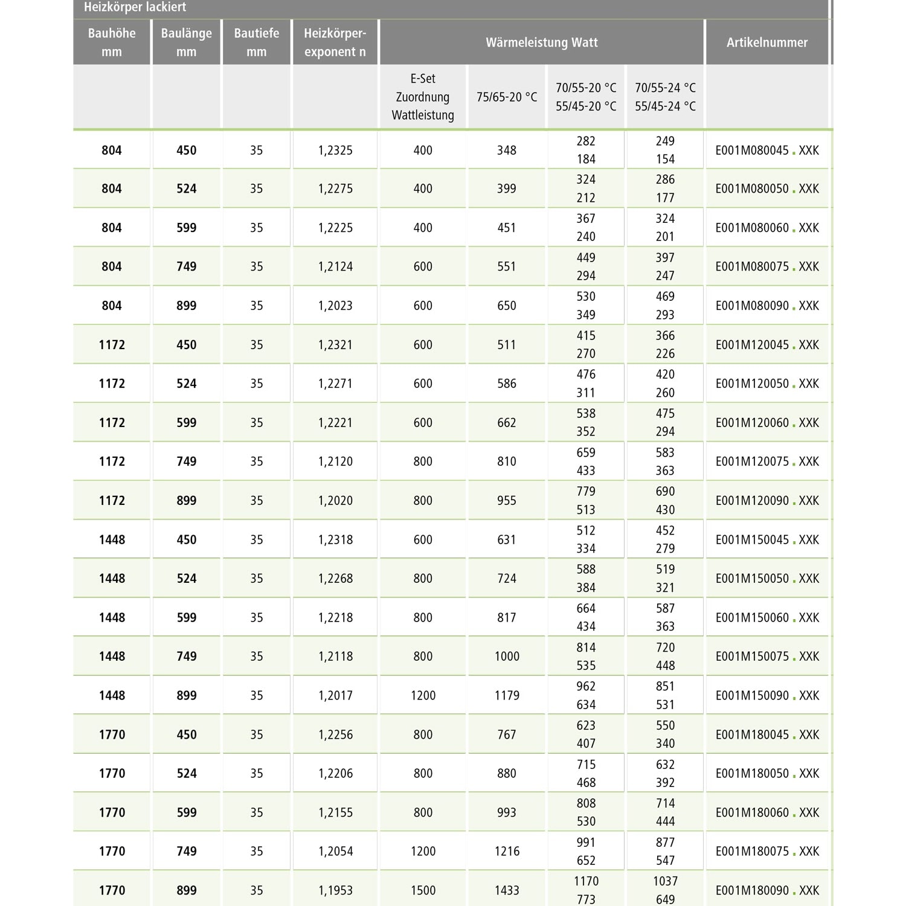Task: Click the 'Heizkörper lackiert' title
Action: (135, 8)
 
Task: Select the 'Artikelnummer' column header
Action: (766, 42)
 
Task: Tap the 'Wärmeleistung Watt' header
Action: (541, 42)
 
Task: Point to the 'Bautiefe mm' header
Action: (256, 42)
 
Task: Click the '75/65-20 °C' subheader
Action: (506, 97)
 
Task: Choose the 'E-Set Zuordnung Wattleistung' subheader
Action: (422, 97)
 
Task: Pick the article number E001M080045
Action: (752, 150)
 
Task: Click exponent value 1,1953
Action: (335, 890)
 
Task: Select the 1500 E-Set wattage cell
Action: (423, 890)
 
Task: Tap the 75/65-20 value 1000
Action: (507, 657)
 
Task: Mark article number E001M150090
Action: (752, 696)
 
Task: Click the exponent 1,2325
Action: (335, 150)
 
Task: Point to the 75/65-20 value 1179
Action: (507, 696)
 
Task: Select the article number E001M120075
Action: (752, 461)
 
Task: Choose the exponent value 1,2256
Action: (335, 734)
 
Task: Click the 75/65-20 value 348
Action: (506, 150)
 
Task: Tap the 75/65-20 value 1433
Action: (507, 890)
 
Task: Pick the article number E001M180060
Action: (752, 812)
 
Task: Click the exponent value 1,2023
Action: (335, 306)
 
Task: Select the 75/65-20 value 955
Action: (506, 501)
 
